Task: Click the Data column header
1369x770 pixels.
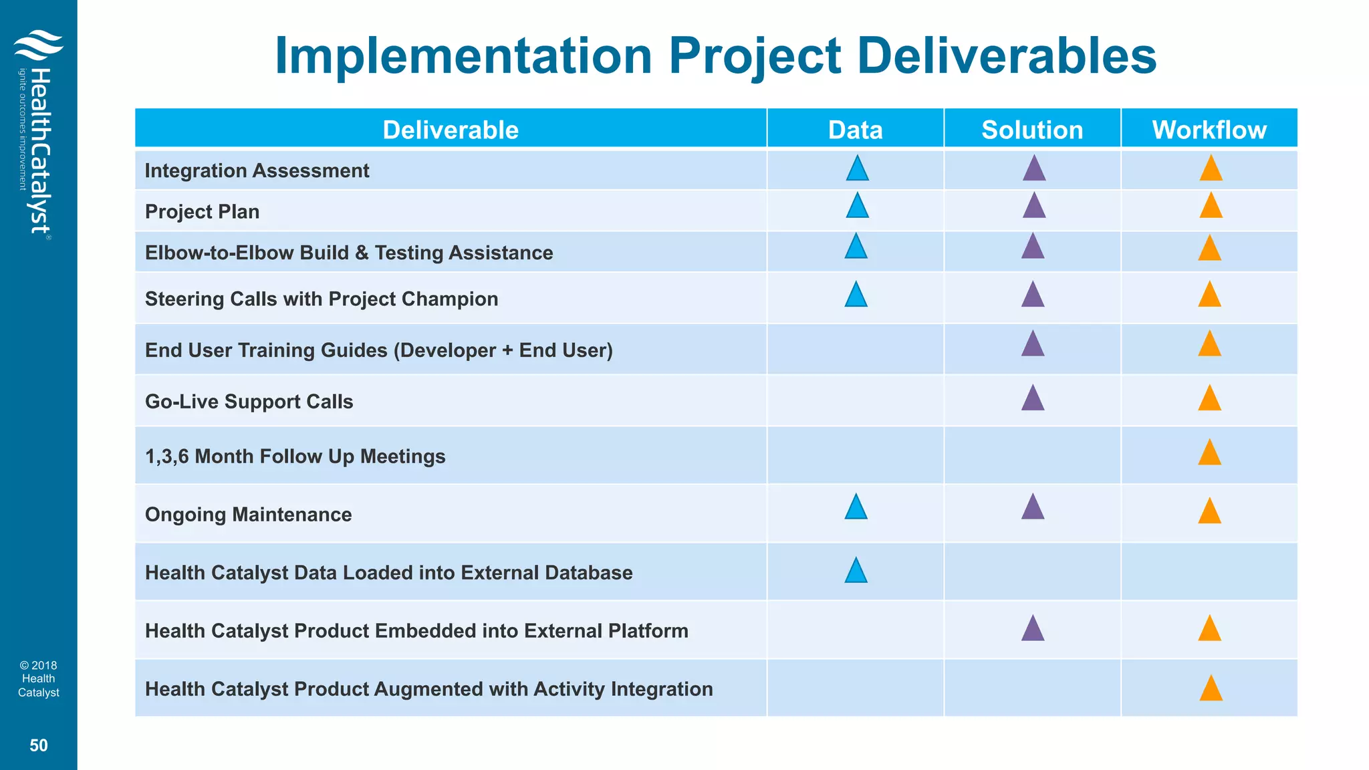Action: pyautogui.click(x=855, y=129)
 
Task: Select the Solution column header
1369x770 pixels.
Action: pyautogui.click(x=1032, y=129)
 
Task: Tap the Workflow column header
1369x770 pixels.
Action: pyautogui.click(x=1209, y=129)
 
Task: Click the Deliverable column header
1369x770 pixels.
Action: pyautogui.click(x=451, y=129)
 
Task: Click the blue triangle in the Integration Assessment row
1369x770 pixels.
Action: pyautogui.click(x=857, y=169)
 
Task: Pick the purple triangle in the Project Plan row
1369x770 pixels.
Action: pyautogui.click(x=1034, y=207)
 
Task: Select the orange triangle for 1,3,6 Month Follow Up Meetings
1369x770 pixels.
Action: pyautogui.click(x=1209, y=454)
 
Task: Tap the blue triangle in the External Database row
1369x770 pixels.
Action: pyautogui.click(x=856, y=571)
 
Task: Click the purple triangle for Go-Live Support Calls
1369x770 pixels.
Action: pyautogui.click(x=1033, y=399)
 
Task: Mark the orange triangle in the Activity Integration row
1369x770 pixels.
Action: pyautogui.click(x=1211, y=689)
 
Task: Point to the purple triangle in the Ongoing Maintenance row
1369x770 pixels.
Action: pyautogui.click(x=1033, y=508)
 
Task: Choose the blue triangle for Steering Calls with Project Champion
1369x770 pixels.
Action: pyautogui.click(x=856, y=295)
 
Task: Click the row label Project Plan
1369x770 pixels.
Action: pyautogui.click(x=202, y=211)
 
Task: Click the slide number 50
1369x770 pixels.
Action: pyautogui.click(x=39, y=745)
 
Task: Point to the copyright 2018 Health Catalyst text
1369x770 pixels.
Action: pyautogui.click(x=39, y=678)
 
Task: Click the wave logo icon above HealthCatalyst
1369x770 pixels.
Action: pyautogui.click(x=38, y=45)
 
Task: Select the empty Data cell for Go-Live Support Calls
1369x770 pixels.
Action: pyautogui.click(x=855, y=401)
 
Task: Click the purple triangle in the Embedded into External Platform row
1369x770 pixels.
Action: pyautogui.click(x=1033, y=630)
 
